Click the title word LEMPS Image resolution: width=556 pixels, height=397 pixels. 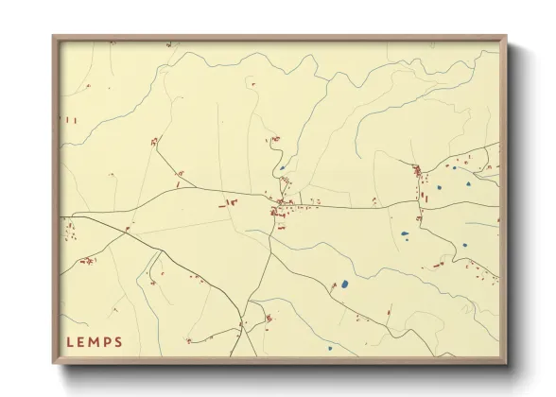tap(95, 340)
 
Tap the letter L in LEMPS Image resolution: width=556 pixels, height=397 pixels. tap(71, 340)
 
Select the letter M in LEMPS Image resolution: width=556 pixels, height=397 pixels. tap(95, 340)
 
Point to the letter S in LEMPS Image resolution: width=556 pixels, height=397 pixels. tap(118, 340)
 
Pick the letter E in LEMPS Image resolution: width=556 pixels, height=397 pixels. tap(82, 340)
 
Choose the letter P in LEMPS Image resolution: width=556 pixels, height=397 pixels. tap(107, 340)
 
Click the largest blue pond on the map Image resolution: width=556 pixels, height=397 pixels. tap(344, 283)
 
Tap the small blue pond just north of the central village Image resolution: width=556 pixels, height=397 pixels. tap(282, 169)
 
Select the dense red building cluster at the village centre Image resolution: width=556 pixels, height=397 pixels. tap(281, 211)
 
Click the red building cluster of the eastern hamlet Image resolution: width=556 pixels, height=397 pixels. tap(416, 171)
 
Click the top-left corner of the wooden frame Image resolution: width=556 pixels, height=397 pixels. tap(54, 38)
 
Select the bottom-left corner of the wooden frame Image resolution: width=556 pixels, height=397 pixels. tap(54, 363)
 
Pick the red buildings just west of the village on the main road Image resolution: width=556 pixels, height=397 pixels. tap(229, 201)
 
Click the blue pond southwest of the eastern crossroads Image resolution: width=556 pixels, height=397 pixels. tap(405, 233)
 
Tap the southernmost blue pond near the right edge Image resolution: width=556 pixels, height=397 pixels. tap(464, 245)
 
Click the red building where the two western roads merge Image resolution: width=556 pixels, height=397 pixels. tap(127, 229)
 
